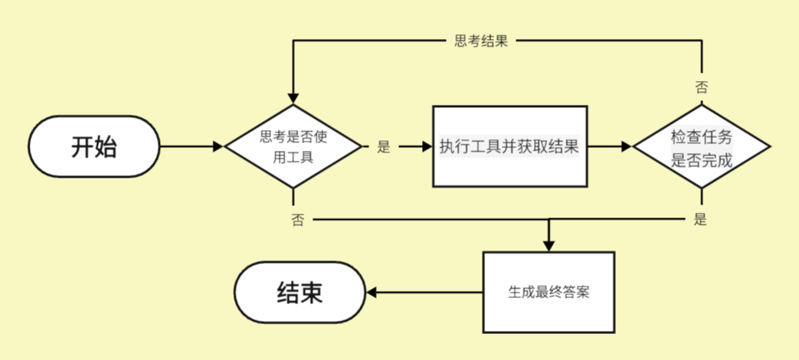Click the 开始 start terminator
click(x=93, y=146)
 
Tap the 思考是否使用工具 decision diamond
click(x=292, y=146)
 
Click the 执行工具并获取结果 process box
click(x=509, y=146)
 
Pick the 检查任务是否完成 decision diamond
click(x=702, y=146)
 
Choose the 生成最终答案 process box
click(x=548, y=293)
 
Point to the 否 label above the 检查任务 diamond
click(x=701, y=86)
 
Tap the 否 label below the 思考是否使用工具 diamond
click(x=297, y=220)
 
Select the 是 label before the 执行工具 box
click(x=384, y=147)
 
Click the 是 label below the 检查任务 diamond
click(x=700, y=220)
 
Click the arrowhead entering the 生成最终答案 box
click(x=548, y=245)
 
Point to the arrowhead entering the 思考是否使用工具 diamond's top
click(x=292, y=99)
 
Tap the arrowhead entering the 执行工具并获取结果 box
click(x=427, y=146)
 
